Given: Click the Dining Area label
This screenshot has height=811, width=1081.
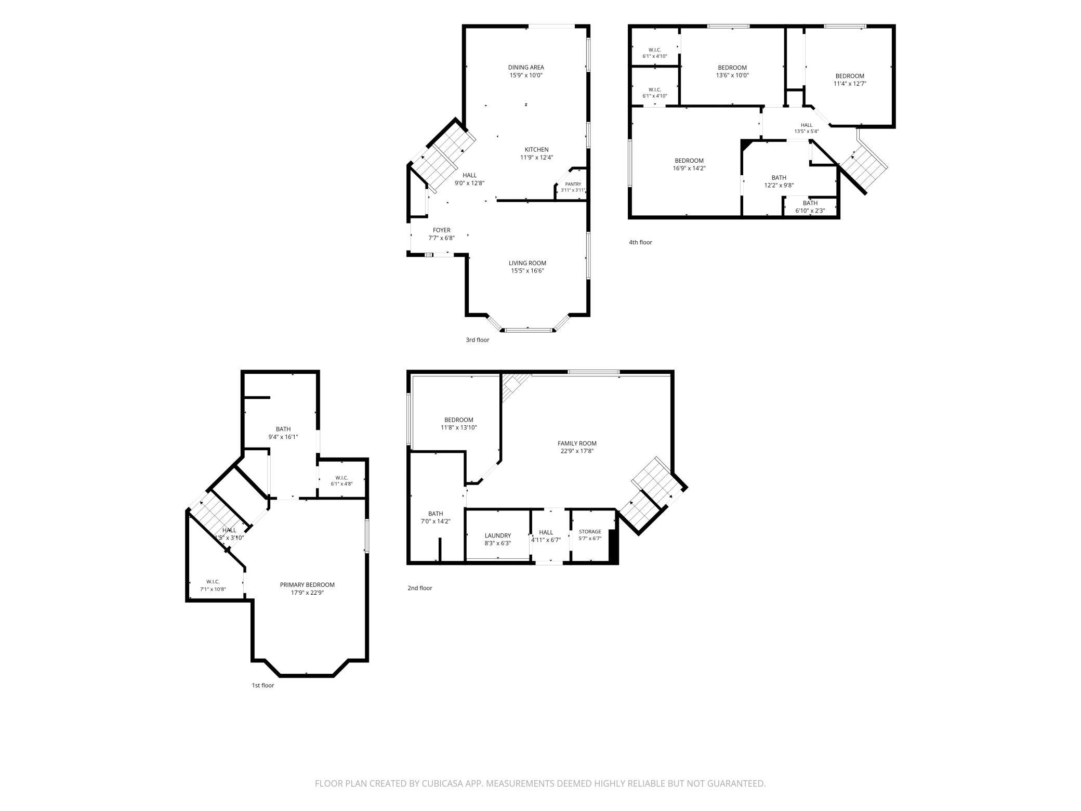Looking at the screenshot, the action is (526, 67).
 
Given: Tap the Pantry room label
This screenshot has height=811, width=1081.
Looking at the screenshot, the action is (573, 184).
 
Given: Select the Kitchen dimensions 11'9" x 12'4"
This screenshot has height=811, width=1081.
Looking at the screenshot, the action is (536, 158).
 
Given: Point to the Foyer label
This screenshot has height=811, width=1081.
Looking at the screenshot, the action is (442, 230).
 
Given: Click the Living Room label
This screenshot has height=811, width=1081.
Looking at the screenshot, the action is (528, 263).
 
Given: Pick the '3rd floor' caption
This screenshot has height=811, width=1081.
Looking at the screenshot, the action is (477, 340).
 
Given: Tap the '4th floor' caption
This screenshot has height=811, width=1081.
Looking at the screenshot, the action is (640, 242).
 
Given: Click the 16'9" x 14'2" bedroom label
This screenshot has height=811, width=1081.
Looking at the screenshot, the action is (689, 164).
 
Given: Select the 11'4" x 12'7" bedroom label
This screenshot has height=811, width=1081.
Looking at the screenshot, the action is (850, 80).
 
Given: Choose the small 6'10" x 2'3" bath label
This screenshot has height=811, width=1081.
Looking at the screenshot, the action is (810, 207).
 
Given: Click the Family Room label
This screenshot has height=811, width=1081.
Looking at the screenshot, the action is (577, 443).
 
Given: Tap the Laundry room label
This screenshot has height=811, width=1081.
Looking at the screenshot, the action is (498, 535).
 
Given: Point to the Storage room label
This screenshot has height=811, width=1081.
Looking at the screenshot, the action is (590, 532).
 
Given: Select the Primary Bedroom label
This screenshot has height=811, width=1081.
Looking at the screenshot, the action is (307, 585).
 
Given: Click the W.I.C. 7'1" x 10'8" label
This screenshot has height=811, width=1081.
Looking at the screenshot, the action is (213, 585).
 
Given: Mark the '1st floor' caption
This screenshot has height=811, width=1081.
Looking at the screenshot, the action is (263, 685).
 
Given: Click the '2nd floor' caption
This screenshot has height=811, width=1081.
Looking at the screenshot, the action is (420, 588).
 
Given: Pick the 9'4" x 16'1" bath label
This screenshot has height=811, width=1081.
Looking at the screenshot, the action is (283, 433).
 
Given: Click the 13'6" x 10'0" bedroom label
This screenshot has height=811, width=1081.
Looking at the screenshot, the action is (732, 71).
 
